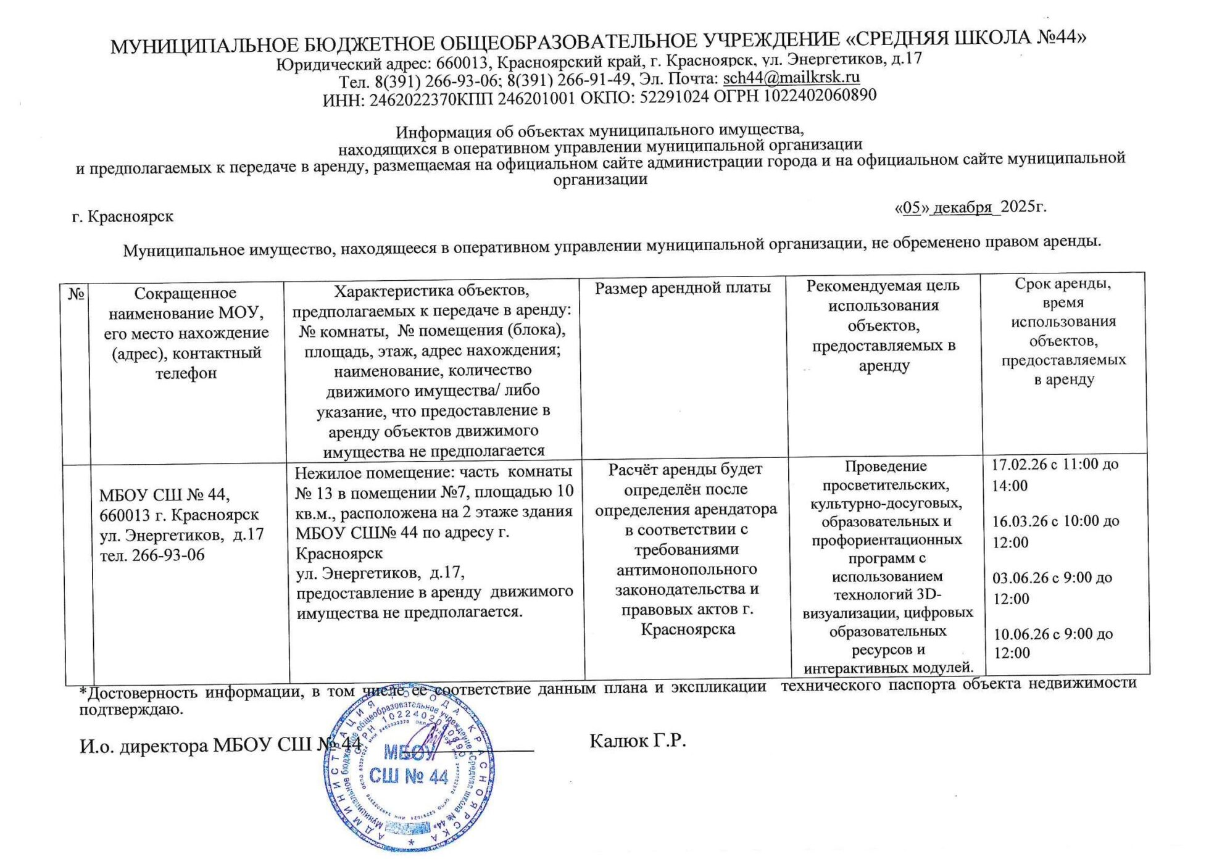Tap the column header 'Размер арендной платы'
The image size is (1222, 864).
683,288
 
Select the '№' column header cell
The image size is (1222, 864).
76,294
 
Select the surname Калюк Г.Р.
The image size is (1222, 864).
638,741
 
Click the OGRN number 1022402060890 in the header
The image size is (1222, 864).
820,96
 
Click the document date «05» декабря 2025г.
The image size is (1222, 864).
970,207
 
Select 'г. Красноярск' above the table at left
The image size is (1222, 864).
123,217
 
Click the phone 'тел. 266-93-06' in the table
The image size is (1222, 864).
152,555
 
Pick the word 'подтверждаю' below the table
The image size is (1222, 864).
131,710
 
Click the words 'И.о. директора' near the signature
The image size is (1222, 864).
143,746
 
